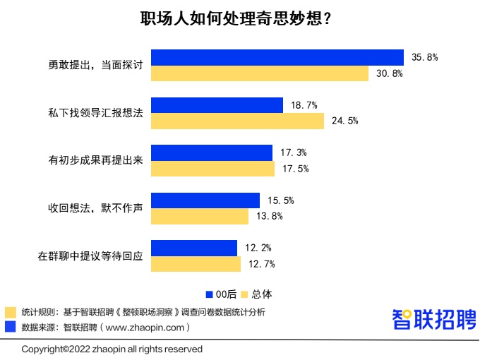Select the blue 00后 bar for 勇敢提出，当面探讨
tap(277, 57)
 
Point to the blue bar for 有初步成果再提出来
tap(212, 152)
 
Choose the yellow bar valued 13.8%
tap(200, 216)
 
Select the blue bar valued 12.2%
tap(194, 248)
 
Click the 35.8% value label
tap(425, 57)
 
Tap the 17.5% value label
tap(296, 169)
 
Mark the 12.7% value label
tap(261, 264)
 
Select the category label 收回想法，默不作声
tap(95, 208)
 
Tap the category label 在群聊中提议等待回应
tap(90, 256)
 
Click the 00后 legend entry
tap(221, 294)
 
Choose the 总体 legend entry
tap(256, 294)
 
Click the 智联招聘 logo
tap(434, 319)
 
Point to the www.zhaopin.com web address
tap(149, 327)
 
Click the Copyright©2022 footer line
tap(112, 349)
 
